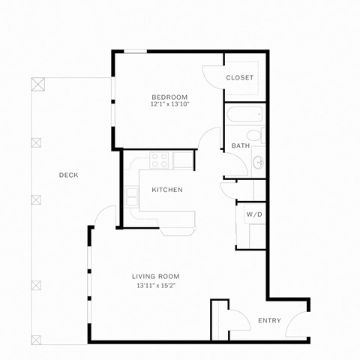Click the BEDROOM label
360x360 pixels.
coord(169,97)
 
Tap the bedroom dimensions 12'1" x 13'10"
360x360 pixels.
coord(169,104)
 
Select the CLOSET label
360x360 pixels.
coord(240,78)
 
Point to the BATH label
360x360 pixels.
coord(240,145)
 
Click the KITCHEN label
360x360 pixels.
coord(166,190)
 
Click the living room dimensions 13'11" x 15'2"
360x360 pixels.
coord(157,286)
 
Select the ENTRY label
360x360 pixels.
coord(269,320)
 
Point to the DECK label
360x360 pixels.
coord(68,175)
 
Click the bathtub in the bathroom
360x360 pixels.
coord(244,116)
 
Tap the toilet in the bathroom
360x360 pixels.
coord(256,136)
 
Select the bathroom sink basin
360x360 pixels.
coord(259,161)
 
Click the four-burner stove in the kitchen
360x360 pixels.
coord(160,159)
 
